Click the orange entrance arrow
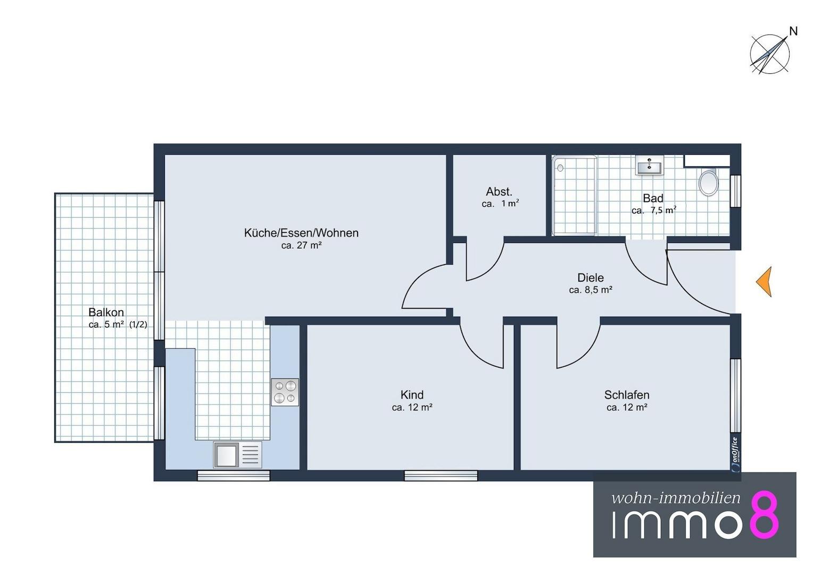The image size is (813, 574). [765, 282]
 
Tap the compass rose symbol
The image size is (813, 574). [769, 55]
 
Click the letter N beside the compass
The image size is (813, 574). [793, 31]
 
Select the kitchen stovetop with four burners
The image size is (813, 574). [285, 392]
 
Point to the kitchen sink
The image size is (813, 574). [238, 454]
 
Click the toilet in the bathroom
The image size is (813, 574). [708, 182]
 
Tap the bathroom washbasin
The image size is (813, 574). [649, 166]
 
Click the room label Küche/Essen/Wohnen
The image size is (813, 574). [301, 233]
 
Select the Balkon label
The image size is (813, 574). [106, 312]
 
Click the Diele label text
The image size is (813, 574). [591, 278]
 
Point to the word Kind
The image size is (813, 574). [412, 394]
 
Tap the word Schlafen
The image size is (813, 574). [627, 394]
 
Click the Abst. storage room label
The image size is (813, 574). [499, 191]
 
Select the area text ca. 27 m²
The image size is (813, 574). [302, 246]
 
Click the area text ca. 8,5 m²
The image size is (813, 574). [591, 290]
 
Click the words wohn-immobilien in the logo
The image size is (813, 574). [676, 498]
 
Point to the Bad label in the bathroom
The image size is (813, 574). [653, 198]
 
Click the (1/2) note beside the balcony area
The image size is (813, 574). [138, 325]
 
